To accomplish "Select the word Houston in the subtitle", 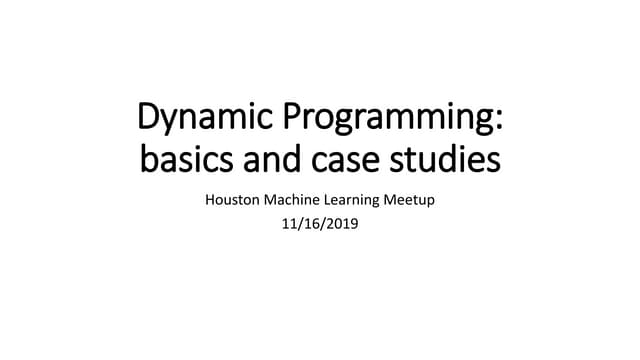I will pos(232,200).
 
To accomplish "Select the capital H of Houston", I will pos(210,200).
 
